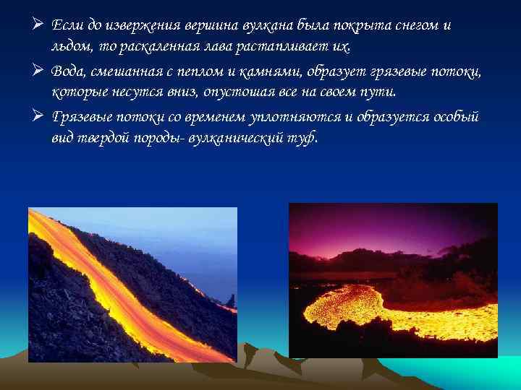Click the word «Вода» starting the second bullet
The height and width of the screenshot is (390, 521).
tap(71, 71)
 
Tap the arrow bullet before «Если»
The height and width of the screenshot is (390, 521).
tap(38, 26)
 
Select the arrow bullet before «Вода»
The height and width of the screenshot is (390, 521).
tap(38, 71)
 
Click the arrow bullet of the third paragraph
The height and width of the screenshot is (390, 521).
tap(38, 116)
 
